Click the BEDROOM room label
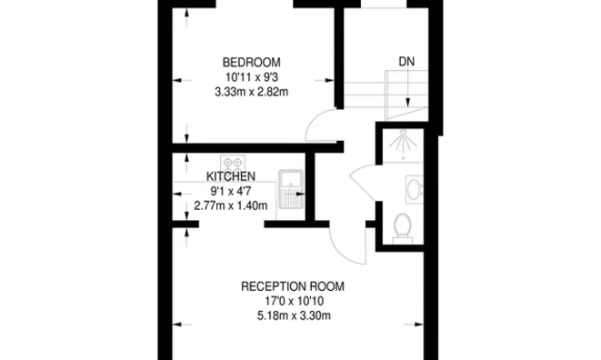[x=245, y=62]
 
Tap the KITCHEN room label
[x=230, y=176]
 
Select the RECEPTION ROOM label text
[x=292, y=286]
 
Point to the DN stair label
[x=406, y=63]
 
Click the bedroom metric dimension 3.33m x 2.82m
[x=245, y=92]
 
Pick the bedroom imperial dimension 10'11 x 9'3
[x=245, y=77]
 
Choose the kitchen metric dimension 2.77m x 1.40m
[x=230, y=206]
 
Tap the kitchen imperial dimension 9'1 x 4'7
[x=232, y=192]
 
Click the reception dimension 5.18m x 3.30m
[x=293, y=316]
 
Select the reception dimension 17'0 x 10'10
[x=293, y=302]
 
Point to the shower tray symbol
[x=401, y=145]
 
